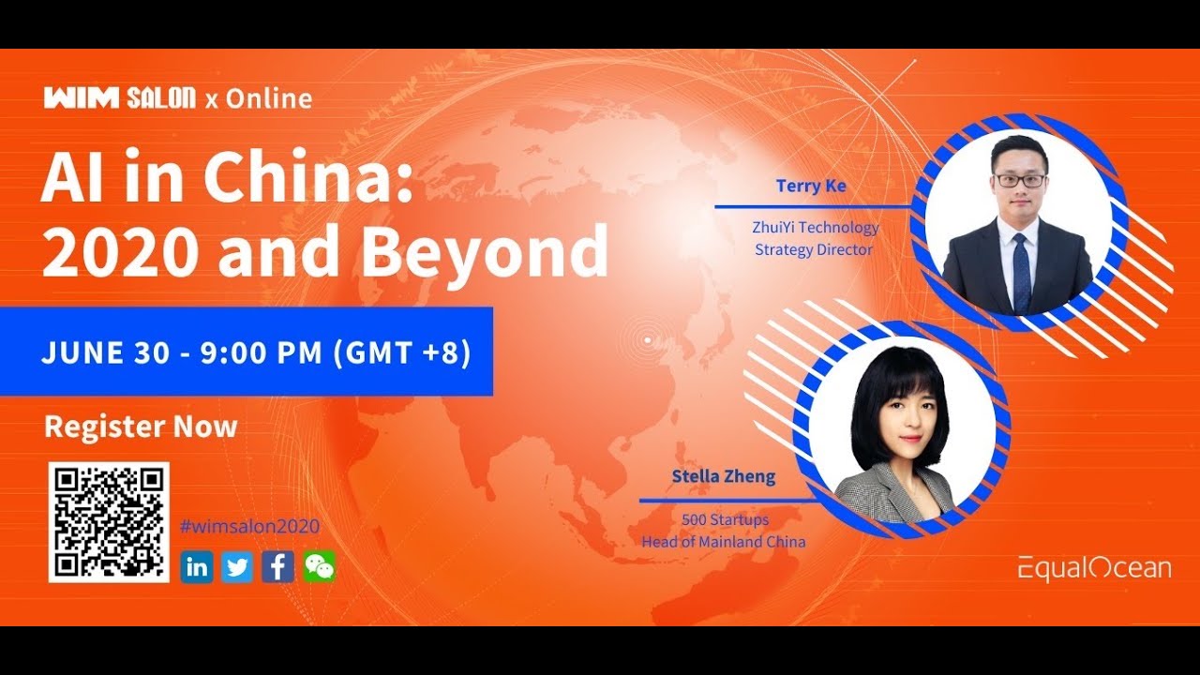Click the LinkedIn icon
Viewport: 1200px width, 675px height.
click(197, 566)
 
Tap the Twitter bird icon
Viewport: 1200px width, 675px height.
click(237, 566)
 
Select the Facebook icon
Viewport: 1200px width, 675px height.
click(277, 566)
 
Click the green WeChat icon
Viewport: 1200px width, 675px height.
click(319, 566)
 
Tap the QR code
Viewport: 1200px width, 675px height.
click(109, 521)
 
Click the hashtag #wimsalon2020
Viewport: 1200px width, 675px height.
click(249, 527)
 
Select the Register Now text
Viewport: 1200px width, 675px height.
click(141, 427)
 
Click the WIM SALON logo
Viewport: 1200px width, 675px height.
click(119, 97)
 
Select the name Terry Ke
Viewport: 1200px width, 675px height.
click(811, 186)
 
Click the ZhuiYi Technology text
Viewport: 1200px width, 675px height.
click(816, 227)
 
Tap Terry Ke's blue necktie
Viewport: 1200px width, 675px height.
click(1021, 272)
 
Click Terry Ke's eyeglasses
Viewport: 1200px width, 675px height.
click(1020, 180)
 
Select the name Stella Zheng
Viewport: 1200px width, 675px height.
click(724, 476)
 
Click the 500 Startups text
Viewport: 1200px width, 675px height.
click(723, 519)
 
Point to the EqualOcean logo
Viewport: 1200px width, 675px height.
click(1095, 567)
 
